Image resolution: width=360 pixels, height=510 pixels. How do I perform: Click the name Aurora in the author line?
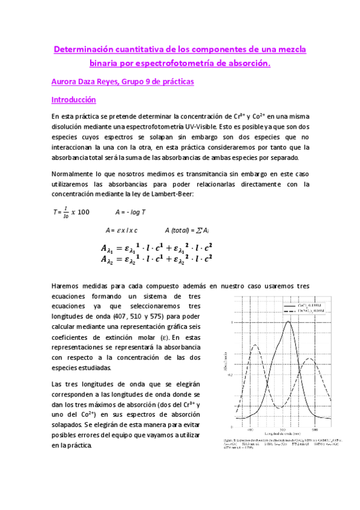(65, 81)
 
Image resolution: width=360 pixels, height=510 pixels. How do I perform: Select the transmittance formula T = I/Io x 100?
(71, 212)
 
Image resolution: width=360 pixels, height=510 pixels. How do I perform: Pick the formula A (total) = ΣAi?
(187, 230)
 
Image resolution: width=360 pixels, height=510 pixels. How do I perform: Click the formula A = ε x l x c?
(121, 230)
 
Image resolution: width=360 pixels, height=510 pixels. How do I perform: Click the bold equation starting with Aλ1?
(157, 247)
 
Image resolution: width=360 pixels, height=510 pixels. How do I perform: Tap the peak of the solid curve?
(288, 322)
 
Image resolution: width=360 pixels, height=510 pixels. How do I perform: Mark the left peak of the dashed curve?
(255, 345)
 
